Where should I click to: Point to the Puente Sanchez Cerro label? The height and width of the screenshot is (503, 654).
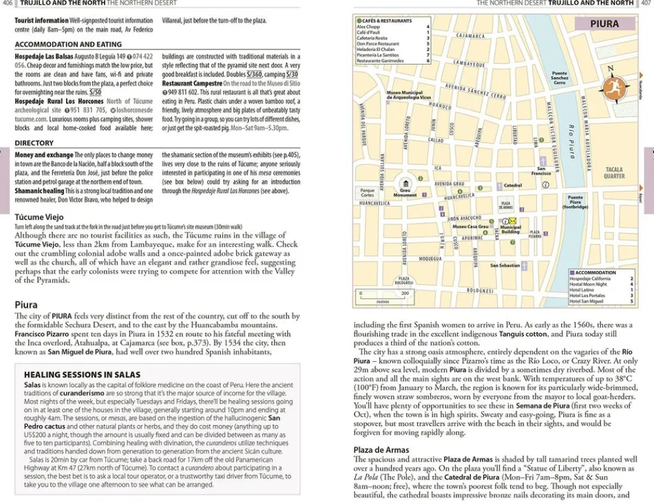(560, 78)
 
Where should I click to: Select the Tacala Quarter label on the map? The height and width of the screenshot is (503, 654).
(614, 173)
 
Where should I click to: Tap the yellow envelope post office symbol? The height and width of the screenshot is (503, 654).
(513, 220)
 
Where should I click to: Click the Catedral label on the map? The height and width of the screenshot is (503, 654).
(513, 185)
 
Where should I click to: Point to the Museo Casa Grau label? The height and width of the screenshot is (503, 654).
(470, 227)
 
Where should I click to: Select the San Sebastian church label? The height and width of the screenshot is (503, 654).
(505, 266)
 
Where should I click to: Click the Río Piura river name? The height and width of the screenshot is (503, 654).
(571, 140)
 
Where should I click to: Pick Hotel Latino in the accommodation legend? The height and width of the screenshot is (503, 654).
(583, 290)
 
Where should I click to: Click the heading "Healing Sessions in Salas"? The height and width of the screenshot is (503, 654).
(82, 375)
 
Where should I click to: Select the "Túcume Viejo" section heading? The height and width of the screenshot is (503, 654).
(39, 217)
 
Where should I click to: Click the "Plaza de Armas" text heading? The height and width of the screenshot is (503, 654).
(381, 450)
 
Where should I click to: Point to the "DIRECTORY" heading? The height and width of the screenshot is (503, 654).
(34, 143)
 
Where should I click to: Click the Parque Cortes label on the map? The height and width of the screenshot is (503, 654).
(368, 192)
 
